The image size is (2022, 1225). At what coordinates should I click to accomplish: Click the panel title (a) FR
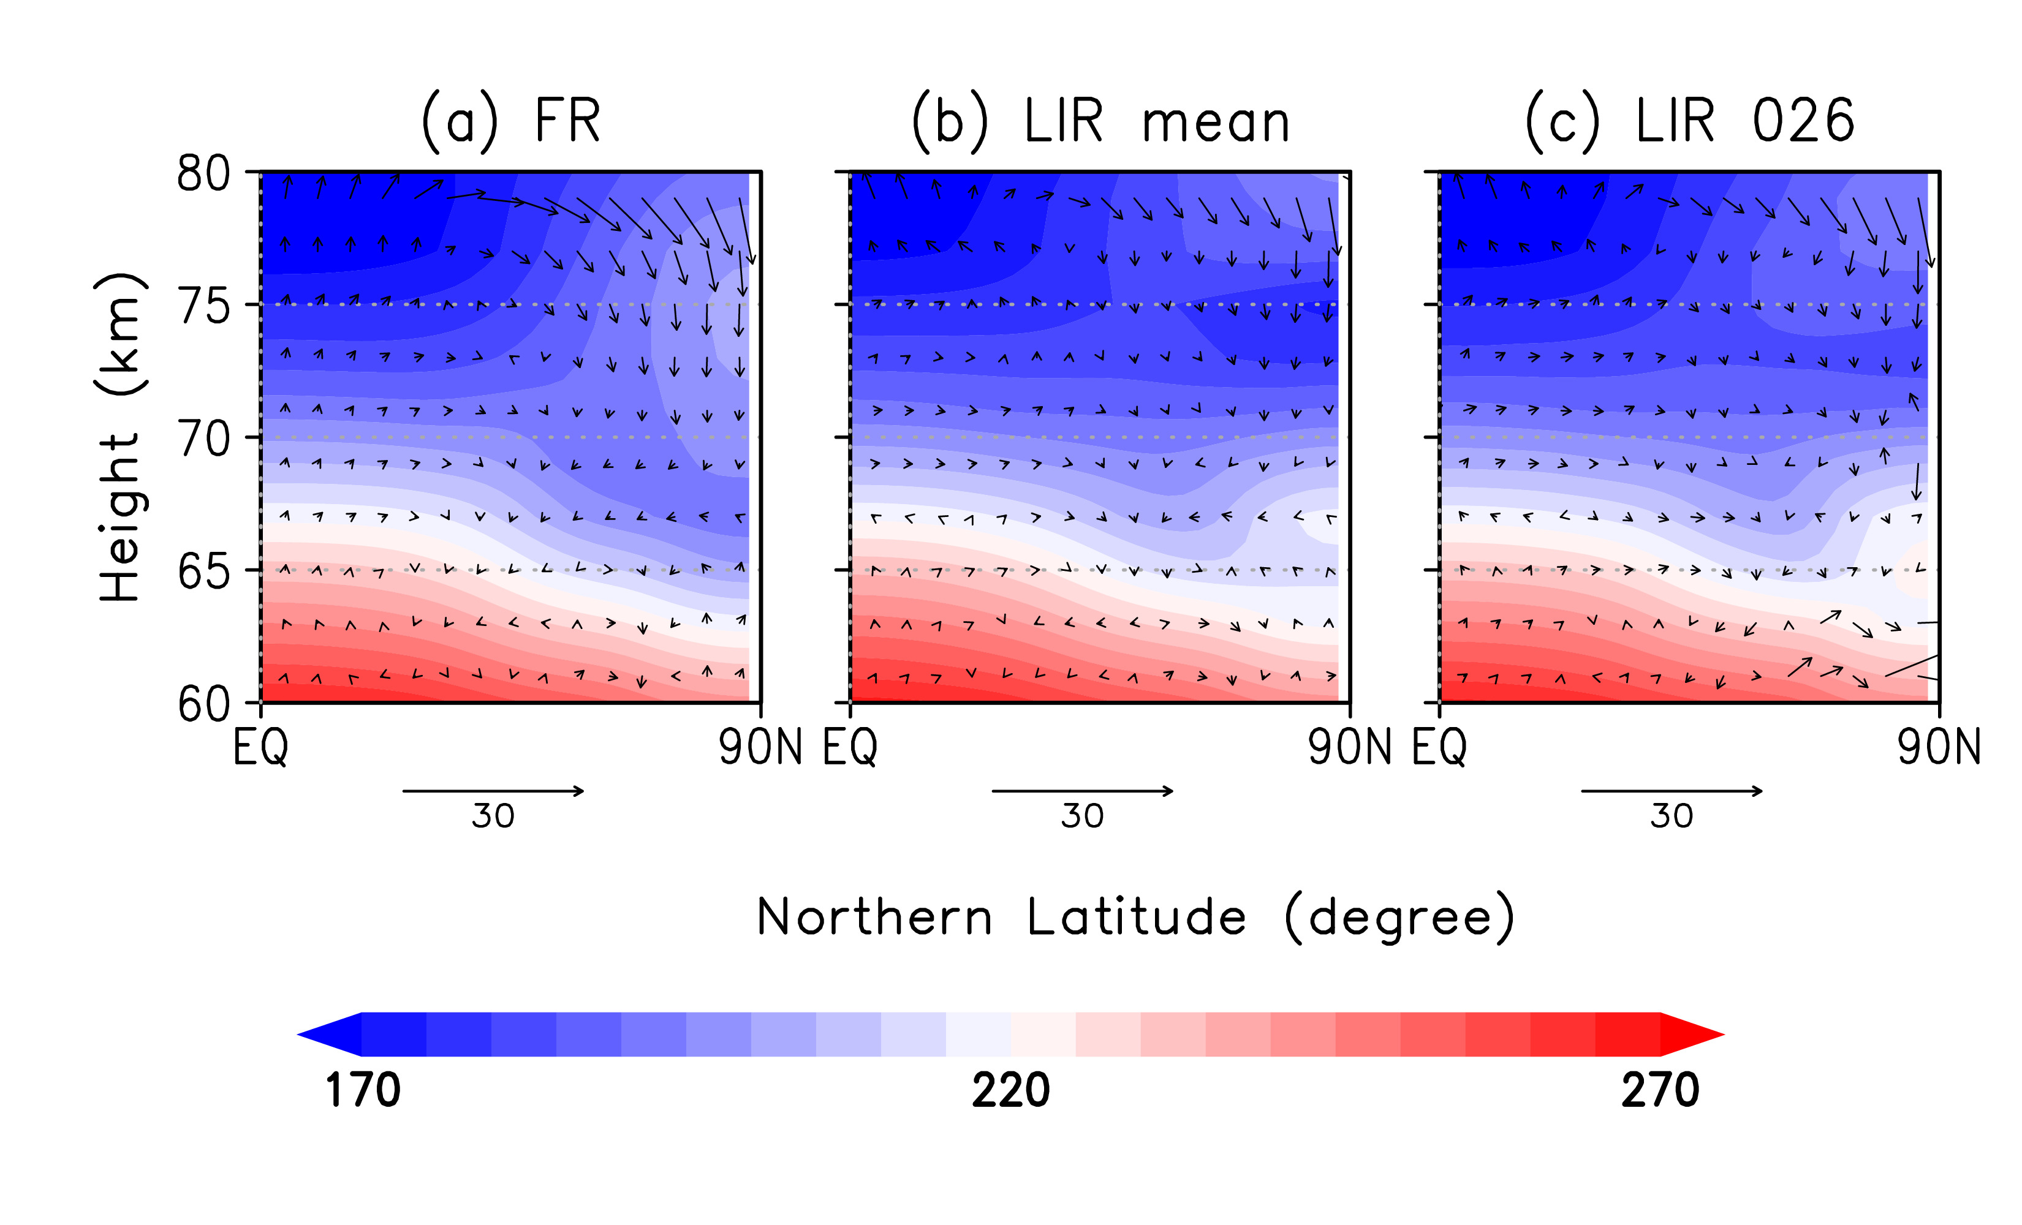[510, 121]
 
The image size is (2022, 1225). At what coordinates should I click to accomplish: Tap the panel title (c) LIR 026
[1689, 121]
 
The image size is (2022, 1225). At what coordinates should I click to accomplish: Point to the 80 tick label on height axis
[203, 174]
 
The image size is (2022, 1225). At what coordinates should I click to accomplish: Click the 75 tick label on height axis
[203, 307]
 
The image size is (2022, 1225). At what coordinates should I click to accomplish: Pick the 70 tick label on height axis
[203, 439]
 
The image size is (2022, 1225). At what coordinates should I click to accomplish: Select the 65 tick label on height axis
[203, 572]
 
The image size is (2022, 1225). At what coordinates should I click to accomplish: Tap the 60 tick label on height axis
[203, 704]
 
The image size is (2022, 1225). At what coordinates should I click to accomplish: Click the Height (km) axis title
[121, 437]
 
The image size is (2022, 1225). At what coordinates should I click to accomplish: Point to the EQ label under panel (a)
[261, 747]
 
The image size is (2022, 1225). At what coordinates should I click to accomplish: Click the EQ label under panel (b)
[850, 747]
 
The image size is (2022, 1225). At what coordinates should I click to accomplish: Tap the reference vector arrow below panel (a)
[493, 791]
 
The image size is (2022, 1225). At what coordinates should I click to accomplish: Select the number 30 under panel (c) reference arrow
[1672, 816]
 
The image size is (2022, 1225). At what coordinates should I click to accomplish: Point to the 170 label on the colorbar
[363, 1090]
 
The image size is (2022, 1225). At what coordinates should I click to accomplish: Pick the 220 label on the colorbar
[1011, 1090]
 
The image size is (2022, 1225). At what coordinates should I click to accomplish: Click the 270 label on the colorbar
[1659, 1090]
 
